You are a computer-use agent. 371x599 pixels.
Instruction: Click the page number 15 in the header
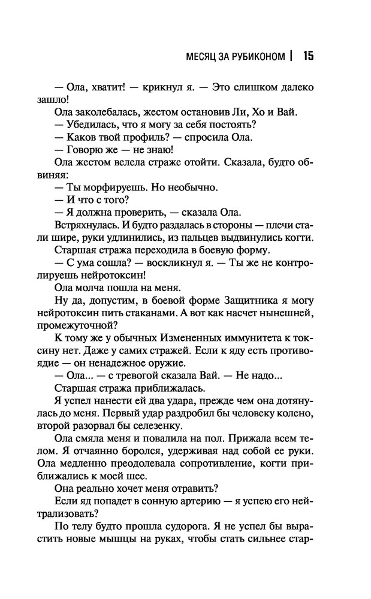[309, 57]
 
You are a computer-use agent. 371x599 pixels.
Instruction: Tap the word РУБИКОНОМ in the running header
[256, 58]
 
